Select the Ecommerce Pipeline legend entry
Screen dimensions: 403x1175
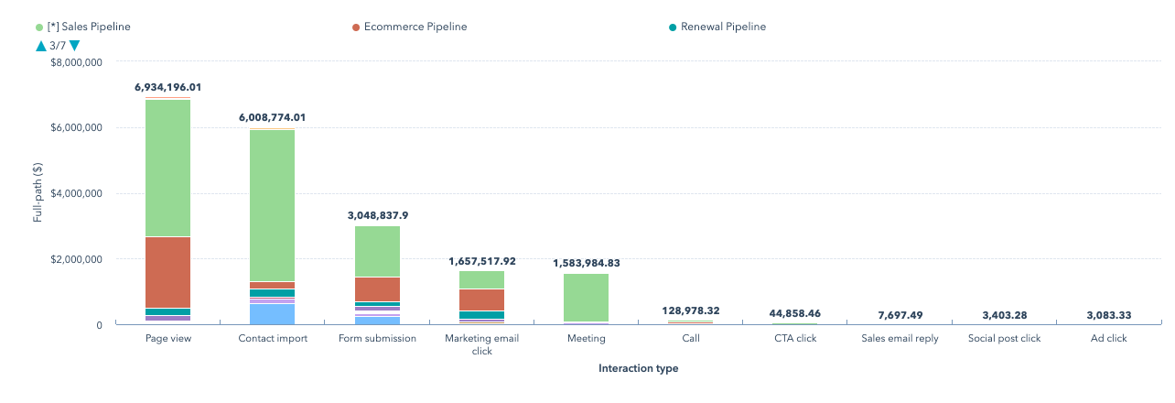tap(415, 27)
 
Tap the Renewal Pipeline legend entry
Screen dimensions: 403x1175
tap(723, 27)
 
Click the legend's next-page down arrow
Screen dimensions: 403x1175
tap(74, 45)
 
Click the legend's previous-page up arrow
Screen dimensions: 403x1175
tap(40, 45)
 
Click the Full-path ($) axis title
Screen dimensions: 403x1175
tap(38, 193)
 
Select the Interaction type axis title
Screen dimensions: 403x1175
tap(638, 368)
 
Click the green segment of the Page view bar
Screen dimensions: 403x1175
tap(167, 168)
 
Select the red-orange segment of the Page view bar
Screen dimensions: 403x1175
tap(167, 272)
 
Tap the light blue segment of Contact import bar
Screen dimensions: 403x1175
tap(272, 314)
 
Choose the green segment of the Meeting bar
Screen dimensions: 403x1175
tap(586, 298)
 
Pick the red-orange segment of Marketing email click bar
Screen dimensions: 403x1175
tap(481, 300)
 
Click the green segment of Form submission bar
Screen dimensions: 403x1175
tap(377, 251)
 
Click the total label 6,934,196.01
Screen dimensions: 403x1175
tap(167, 88)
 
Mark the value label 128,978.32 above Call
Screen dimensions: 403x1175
tap(690, 311)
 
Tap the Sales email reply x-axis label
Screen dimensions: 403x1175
tap(900, 338)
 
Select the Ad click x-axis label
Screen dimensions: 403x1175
tap(1108, 338)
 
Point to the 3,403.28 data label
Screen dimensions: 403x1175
tap(1004, 315)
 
